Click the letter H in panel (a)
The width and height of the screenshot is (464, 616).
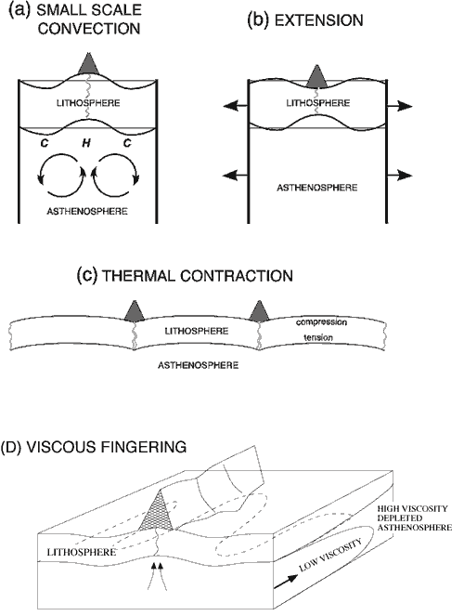pyautogui.click(x=86, y=143)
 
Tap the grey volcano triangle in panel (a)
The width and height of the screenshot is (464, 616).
pyautogui.click(x=88, y=64)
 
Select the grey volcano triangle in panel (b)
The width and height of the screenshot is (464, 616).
pyautogui.click(x=316, y=76)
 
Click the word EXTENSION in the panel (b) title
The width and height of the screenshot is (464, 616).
pyautogui.click(x=318, y=20)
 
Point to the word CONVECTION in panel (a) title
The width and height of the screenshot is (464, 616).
pyautogui.click(x=89, y=29)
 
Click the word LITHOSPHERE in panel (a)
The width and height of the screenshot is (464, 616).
pyautogui.click(x=88, y=103)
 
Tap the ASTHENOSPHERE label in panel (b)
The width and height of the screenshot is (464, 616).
pyautogui.click(x=317, y=188)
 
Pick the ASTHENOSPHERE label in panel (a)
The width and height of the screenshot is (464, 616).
pyautogui.click(x=87, y=211)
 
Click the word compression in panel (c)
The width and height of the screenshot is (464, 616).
pyautogui.click(x=321, y=322)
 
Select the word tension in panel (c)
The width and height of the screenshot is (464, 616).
pyautogui.click(x=318, y=337)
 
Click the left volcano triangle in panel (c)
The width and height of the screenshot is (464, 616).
pyautogui.click(x=135, y=311)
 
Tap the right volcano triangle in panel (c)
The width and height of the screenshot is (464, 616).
pyautogui.click(x=259, y=311)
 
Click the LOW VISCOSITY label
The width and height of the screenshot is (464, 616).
pyautogui.click(x=329, y=555)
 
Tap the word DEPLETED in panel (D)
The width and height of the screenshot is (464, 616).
pyautogui.click(x=400, y=518)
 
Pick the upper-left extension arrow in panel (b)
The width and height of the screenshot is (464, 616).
pyautogui.click(x=236, y=106)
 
